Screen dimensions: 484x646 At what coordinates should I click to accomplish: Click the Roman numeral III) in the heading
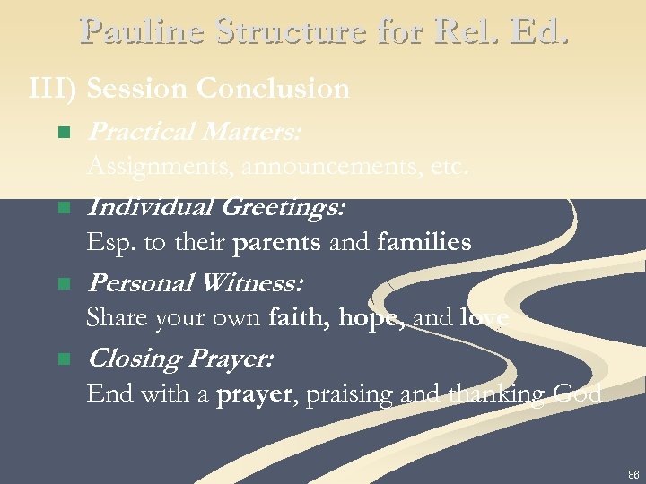coord(56,89)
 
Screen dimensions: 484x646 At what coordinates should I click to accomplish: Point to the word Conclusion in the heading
coord(273,89)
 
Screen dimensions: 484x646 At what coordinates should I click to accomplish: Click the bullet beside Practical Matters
coord(63,133)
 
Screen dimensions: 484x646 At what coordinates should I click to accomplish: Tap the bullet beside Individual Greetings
coord(63,208)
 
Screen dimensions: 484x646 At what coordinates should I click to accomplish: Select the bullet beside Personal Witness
coord(63,284)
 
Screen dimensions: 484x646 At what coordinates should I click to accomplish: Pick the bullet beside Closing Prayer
coord(63,359)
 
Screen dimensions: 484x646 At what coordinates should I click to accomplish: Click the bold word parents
coord(276,243)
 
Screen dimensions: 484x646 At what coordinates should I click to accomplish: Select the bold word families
coord(424,243)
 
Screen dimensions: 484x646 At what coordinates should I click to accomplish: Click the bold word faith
coord(296,318)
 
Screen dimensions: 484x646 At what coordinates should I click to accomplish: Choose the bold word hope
coord(370,318)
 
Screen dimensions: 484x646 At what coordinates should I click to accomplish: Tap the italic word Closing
coord(134,359)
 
